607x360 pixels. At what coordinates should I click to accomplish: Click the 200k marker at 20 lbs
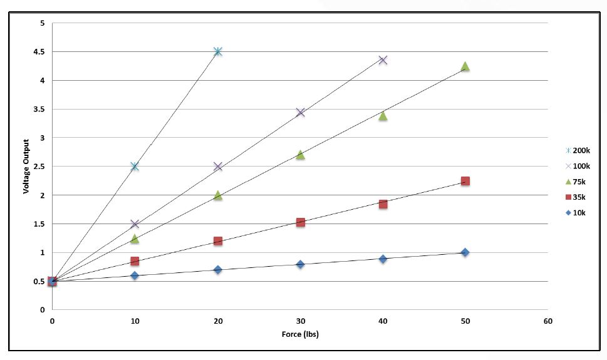217,51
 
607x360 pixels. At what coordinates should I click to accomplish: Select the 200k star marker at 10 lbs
135,166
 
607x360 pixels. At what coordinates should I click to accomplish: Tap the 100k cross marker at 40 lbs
383,60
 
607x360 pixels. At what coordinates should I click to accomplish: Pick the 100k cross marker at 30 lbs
300,112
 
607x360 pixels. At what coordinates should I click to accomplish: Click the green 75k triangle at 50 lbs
465,66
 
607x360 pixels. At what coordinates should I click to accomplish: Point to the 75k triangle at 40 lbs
383,116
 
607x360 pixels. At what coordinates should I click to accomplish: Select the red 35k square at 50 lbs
465,181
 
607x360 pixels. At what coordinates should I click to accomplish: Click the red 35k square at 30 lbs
300,222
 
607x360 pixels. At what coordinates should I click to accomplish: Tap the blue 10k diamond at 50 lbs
465,252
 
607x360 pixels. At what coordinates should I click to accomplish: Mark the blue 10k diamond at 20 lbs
217,270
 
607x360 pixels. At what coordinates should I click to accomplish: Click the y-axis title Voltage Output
26,166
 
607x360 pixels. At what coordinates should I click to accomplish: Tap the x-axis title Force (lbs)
300,334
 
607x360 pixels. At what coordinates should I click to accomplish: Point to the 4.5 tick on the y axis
41,52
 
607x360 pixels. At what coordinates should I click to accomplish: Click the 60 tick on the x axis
548,321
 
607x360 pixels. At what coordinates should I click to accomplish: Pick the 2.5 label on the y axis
41,167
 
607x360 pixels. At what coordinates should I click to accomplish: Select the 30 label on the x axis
300,321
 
